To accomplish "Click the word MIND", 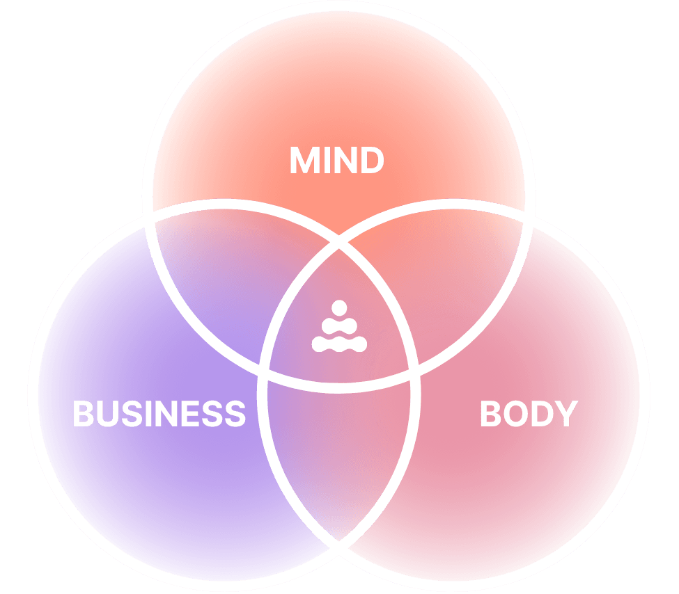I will point(336,161).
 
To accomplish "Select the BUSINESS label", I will point(159,414).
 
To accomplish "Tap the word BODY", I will point(529,414).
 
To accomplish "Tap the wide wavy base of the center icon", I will point(338,343).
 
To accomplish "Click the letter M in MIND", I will point(304,161).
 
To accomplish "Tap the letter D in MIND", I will point(372,161).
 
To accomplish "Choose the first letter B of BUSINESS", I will point(84,414).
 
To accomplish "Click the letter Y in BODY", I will point(565,414).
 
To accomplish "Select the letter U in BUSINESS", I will point(108,414).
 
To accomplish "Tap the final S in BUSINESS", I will point(235,414).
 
